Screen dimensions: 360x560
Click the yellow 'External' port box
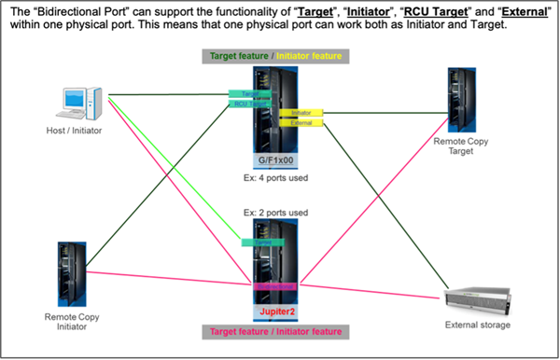click(301, 122)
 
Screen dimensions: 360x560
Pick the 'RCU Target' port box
click(250, 104)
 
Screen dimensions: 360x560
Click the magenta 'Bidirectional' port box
click(273, 284)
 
